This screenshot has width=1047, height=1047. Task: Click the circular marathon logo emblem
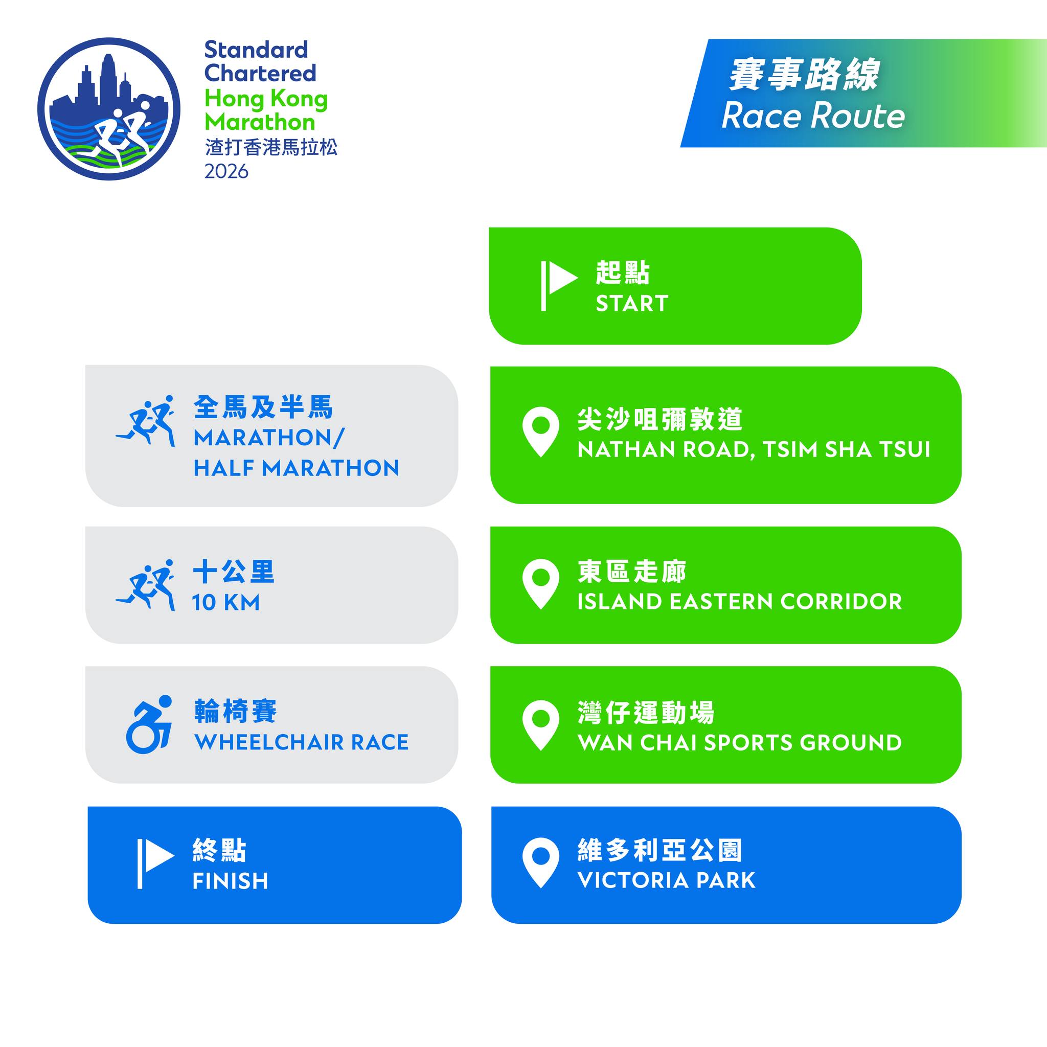click(x=109, y=109)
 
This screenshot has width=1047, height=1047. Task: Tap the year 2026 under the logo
click(x=226, y=171)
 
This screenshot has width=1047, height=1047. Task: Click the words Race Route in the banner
click(x=813, y=116)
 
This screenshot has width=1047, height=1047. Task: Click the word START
click(x=632, y=304)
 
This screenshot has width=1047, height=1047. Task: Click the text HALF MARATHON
click(x=297, y=468)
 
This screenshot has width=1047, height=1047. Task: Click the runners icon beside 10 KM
click(x=145, y=585)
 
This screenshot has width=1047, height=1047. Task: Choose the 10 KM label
click(x=226, y=603)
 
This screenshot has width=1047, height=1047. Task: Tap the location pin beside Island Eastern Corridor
click(x=540, y=584)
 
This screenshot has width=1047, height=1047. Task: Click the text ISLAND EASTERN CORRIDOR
click(x=740, y=602)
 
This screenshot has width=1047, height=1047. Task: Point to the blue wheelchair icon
click(x=149, y=724)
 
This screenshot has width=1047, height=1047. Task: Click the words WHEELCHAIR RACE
click(x=301, y=742)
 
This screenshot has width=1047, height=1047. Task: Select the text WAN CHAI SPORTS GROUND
click(x=740, y=742)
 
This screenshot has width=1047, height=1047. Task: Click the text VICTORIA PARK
click(x=666, y=881)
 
